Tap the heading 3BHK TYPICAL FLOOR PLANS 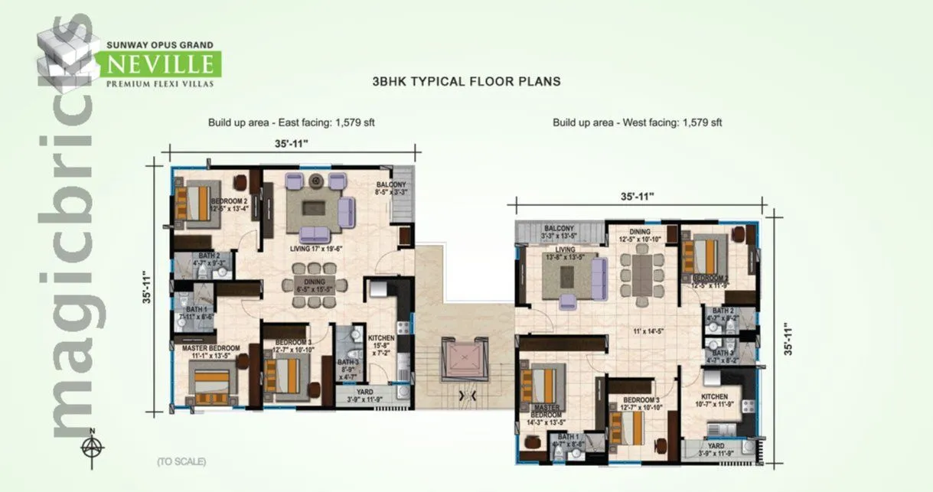[x=466, y=80]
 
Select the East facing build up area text [x=291, y=122]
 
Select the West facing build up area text [x=638, y=122]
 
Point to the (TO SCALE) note [x=181, y=461]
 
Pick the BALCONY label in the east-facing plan [x=391, y=189]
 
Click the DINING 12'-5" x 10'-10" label [x=641, y=236]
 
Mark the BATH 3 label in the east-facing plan [x=348, y=367]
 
